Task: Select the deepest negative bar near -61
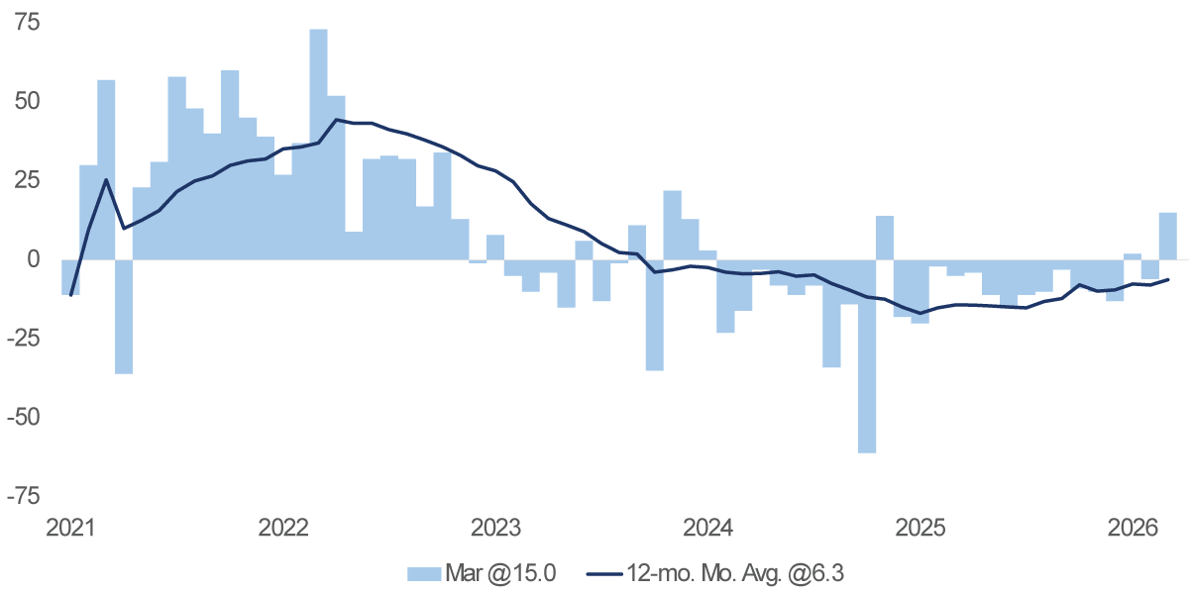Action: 867,356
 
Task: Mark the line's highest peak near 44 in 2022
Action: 336,120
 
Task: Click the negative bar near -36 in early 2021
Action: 124,317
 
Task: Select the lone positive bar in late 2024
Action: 885,238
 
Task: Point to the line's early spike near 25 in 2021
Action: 106,180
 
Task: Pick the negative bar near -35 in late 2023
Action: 654,315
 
